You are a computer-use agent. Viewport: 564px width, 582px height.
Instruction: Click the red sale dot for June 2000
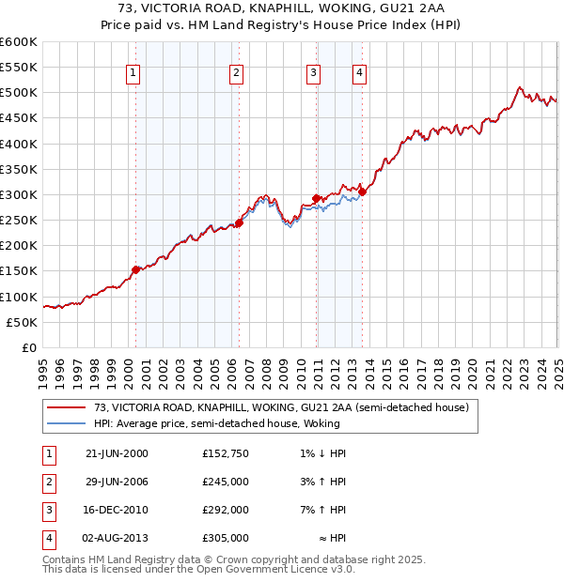135,269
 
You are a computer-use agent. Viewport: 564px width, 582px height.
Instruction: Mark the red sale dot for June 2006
239,222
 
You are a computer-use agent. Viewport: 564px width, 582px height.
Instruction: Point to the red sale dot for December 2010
316,198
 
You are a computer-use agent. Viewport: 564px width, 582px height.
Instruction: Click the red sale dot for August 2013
362,191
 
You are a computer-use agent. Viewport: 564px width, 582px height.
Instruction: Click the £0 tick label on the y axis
28,347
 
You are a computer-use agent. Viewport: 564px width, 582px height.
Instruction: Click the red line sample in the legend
67,408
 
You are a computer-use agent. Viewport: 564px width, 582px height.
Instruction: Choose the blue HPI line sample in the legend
67,423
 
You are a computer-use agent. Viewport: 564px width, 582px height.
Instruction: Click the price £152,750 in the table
225,453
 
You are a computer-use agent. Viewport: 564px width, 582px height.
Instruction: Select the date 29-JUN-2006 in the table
117,482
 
